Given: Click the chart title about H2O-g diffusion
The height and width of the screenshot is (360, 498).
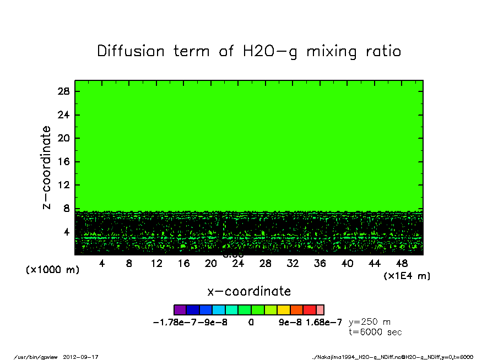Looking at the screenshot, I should (249, 52).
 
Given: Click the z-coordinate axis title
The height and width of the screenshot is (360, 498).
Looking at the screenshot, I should (47, 167).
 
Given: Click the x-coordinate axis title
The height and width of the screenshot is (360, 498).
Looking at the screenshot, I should (249, 291).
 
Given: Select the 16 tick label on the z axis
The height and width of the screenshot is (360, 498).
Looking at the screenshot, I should (64, 162).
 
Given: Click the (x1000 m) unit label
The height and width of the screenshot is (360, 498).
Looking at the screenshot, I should (53, 270).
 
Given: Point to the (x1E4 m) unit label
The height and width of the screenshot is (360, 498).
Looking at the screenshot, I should (407, 275).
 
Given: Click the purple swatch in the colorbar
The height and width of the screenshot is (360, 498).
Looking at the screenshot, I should (180, 310).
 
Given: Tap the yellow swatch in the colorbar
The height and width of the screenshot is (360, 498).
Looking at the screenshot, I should (284, 310).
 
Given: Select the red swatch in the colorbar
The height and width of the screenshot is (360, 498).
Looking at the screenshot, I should (310, 310).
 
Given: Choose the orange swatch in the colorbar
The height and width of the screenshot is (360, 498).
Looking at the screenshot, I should (296, 310).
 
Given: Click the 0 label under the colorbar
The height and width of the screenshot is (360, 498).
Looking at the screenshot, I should (251, 323).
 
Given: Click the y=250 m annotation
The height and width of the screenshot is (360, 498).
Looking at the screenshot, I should (370, 322).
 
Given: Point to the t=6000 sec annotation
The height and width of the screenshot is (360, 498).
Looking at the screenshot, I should (375, 332).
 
